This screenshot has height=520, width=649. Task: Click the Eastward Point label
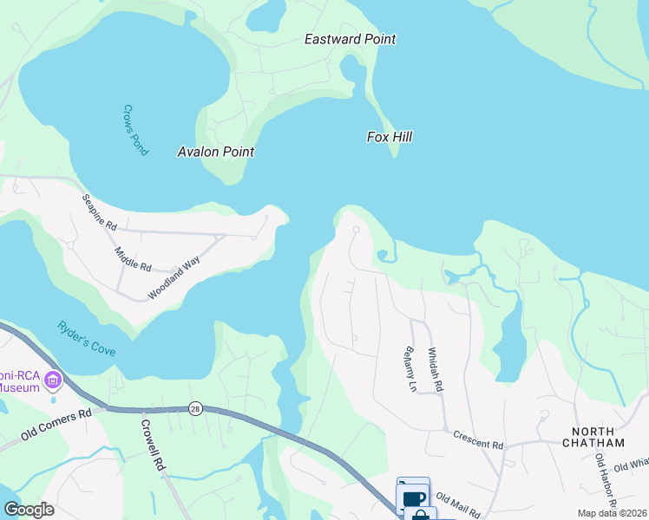click(x=351, y=39)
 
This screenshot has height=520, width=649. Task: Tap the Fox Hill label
click(x=389, y=137)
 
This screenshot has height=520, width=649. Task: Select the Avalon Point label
click(x=216, y=152)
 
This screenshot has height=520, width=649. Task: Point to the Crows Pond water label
click(x=135, y=131)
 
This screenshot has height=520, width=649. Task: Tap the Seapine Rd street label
click(x=99, y=211)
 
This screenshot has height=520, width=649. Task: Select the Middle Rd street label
click(x=133, y=257)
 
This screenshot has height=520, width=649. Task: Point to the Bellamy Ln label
click(x=410, y=369)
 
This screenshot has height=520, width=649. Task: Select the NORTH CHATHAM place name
click(x=599, y=437)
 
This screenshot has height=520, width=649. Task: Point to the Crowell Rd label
click(x=153, y=445)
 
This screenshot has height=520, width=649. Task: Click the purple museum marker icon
click(x=54, y=380)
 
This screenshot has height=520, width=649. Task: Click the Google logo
click(x=28, y=510)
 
